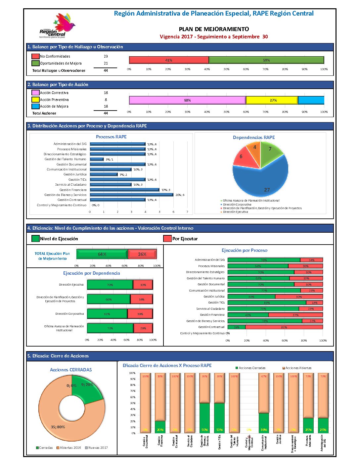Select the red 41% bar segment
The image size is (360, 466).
[169, 60]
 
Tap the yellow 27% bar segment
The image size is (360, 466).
[272, 100]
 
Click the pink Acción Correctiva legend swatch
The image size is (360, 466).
[35, 93]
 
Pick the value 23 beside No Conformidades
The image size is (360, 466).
[106, 56]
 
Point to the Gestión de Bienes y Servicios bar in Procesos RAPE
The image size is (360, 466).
[131, 195]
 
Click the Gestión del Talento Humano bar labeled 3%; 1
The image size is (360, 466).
[97, 159]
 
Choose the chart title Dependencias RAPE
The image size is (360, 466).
[254, 137]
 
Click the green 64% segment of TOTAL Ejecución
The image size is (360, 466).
[102, 254]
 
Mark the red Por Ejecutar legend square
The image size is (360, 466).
[167, 239]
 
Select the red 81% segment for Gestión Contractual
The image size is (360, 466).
[284, 327]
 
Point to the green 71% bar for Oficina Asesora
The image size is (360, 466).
[110, 328]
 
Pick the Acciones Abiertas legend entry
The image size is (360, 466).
[297, 368]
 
